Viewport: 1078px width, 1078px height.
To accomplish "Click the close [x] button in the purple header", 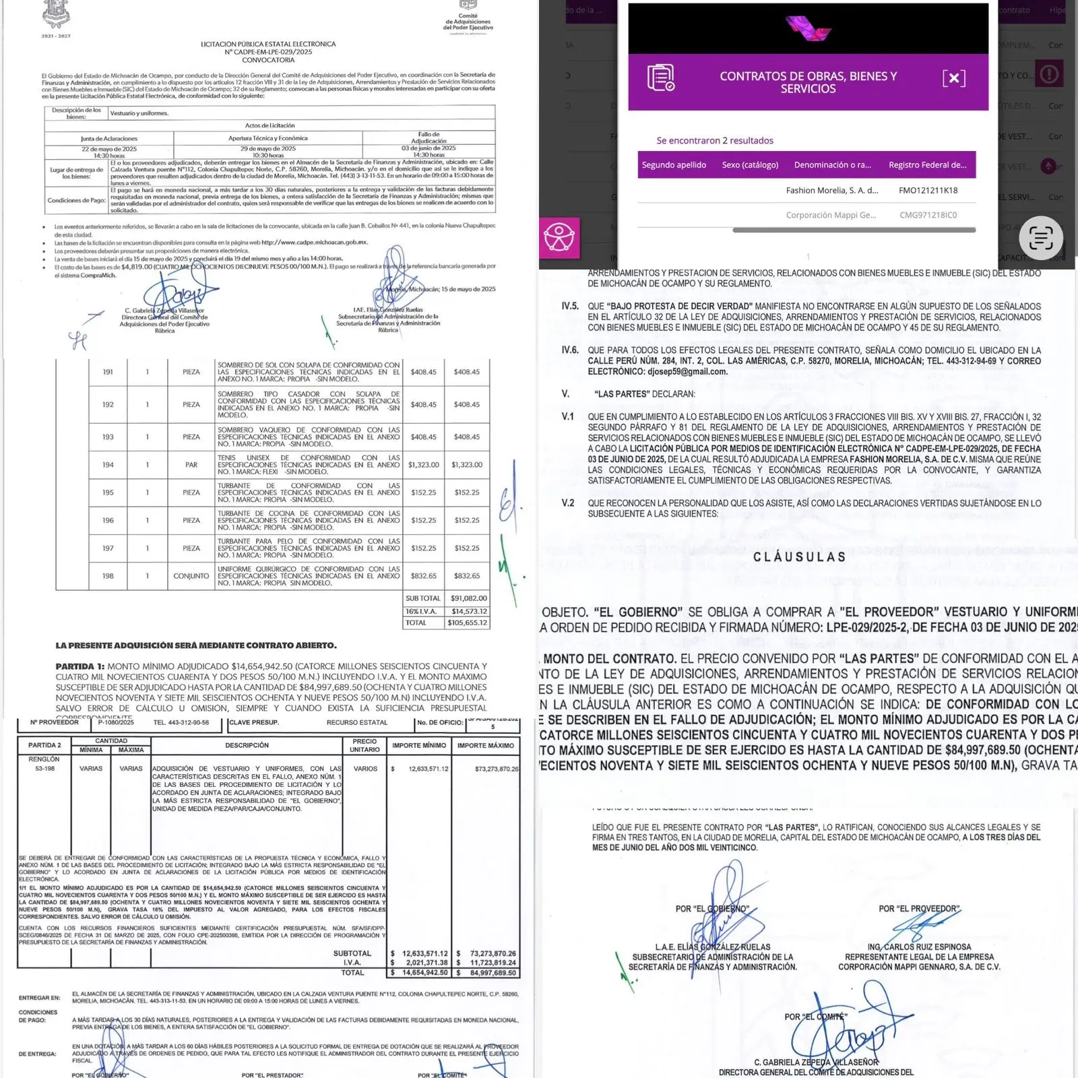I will tap(953, 78).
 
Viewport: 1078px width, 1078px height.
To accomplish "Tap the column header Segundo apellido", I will tap(674, 165).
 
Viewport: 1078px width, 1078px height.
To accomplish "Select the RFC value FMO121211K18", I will tap(928, 191).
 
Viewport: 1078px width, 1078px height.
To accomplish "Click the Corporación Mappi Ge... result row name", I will tap(831, 216).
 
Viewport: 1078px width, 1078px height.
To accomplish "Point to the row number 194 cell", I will tap(108, 465).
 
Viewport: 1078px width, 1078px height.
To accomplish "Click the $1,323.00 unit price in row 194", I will tap(423, 465).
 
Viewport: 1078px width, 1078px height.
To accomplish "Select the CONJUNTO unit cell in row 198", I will tap(191, 576).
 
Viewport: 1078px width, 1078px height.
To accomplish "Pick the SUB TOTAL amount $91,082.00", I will tap(468, 598).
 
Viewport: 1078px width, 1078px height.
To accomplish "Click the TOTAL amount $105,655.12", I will tap(467, 623).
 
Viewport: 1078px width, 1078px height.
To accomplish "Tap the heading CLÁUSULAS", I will tap(799, 557).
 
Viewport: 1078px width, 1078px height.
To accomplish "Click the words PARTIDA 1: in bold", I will tap(80, 666).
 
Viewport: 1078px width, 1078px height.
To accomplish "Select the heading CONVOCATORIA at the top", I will tap(268, 60).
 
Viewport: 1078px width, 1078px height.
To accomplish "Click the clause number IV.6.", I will tap(570, 350).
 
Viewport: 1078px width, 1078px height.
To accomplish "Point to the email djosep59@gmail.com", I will tap(687, 372).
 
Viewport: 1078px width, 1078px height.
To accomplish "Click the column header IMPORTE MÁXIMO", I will tap(485, 746).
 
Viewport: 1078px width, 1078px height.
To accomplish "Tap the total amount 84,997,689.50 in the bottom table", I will tap(493, 973).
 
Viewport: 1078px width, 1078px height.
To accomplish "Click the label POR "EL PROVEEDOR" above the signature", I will tap(919, 909).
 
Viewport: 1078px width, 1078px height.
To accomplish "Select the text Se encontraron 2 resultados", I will tap(715, 141).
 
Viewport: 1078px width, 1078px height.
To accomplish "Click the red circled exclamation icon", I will tap(1048, 74).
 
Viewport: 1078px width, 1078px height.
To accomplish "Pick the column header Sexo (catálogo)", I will tap(750, 165).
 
